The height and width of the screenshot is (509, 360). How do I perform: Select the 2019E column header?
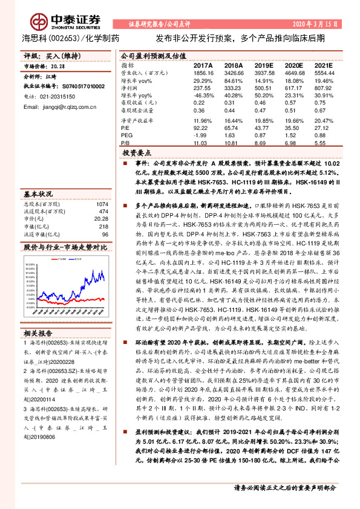(x=263, y=64)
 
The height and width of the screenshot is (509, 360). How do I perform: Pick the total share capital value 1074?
(x=101, y=204)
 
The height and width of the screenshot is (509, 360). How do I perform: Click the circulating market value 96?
(x=104, y=234)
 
